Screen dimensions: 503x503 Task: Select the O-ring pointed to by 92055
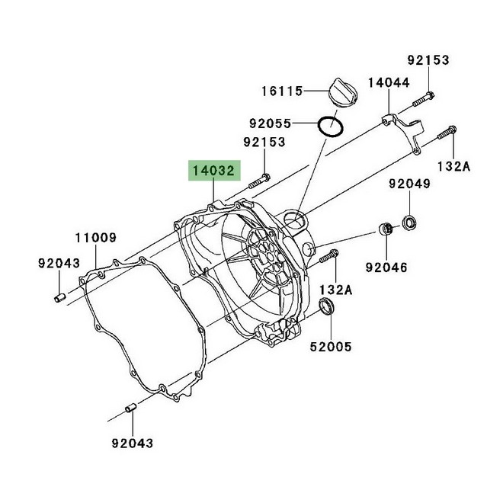coord(330,126)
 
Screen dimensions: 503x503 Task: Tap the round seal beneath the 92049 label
coord(410,223)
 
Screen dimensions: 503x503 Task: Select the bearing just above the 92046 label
coord(386,229)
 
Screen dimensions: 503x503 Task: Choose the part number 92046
coord(386,268)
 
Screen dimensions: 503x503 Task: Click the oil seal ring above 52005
coord(326,306)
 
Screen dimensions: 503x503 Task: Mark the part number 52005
coord(330,347)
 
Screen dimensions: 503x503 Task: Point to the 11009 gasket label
coord(95,238)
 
